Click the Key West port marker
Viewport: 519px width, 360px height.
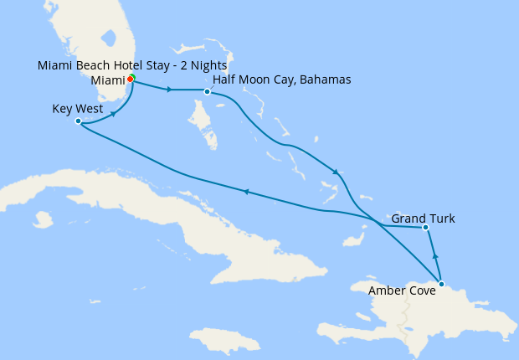[x=78, y=121]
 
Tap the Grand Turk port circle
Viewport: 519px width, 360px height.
[x=425, y=227]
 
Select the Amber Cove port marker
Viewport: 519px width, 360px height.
[x=441, y=283]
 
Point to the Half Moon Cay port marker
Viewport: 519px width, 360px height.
[x=207, y=91]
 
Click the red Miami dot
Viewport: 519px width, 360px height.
[x=130, y=80]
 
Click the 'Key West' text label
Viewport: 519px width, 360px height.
[x=77, y=109]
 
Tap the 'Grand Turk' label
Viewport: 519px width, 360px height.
[x=424, y=219]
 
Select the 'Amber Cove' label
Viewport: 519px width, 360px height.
[x=402, y=291]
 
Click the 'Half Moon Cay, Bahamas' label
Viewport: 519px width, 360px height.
[x=282, y=80]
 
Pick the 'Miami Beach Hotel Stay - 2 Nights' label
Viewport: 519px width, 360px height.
[x=133, y=65]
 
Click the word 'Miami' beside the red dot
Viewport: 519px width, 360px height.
[x=106, y=80]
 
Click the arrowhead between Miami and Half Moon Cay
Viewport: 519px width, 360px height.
[x=170, y=90]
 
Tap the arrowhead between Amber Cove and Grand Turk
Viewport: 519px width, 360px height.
[x=434, y=255]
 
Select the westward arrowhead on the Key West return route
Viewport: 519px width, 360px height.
[x=246, y=192]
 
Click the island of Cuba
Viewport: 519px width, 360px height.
[x=167, y=209]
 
